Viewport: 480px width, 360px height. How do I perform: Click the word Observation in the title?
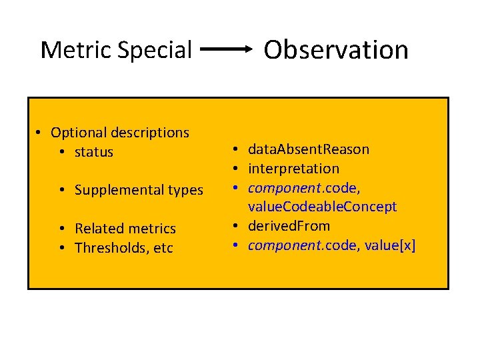click(x=336, y=49)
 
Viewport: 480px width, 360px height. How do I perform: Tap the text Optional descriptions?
click(x=120, y=133)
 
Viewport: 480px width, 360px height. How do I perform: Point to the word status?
click(x=94, y=152)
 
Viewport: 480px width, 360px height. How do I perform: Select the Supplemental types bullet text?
click(x=139, y=190)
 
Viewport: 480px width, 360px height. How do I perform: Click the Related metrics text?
click(x=125, y=229)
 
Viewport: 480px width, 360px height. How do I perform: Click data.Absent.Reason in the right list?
click(x=308, y=149)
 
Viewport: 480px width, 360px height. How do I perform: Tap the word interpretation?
click(x=293, y=169)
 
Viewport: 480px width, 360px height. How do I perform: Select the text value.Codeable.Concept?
click(x=322, y=207)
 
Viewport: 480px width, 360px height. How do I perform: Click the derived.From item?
click(x=289, y=225)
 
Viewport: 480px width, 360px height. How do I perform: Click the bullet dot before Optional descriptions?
click(x=41, y=133)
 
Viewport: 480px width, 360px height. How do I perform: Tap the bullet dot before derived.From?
click(x=236, y=226)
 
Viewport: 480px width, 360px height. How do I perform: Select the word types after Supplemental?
click(x=186, y=190)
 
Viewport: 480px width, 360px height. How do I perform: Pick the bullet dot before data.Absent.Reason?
click(x=236, y=150)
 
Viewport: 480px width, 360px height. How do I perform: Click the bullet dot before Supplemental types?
click(x=62, y=191)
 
